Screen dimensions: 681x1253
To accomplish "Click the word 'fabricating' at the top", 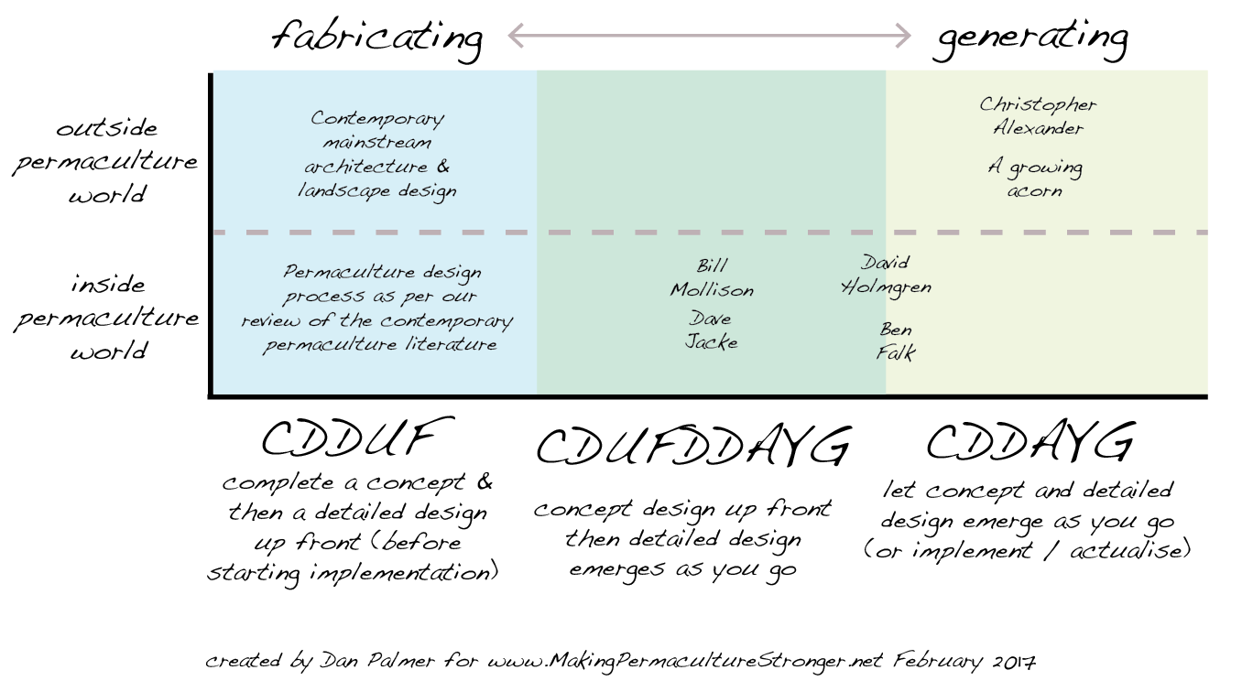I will pos(376,38).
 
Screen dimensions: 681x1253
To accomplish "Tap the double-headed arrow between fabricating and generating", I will pos(709,36).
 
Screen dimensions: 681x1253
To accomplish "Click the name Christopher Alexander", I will pos(1038,116).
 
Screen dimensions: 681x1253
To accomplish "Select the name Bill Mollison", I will pos(712,278).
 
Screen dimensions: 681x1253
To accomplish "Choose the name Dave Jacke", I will pos(712,330).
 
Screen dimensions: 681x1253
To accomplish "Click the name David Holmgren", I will pos(885,275).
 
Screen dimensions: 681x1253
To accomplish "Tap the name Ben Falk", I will pos(895,340).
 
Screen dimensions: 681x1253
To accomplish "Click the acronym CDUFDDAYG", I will pos(692,449).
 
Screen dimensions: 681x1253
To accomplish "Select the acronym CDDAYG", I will pos(1030,444).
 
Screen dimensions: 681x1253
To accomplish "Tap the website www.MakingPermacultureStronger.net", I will pos(687,660).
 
